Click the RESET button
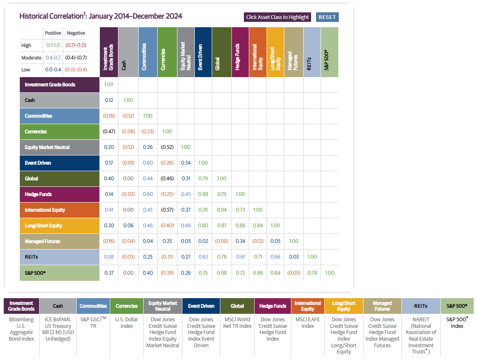(x=327, y=17)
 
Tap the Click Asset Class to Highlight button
(x=277, y=17)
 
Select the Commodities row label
(x=59, y=116)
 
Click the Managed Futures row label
(x=59, y=241)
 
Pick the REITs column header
(x=312, y=52)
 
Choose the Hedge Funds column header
(x=240, y=52)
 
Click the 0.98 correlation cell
(x=222, y=273)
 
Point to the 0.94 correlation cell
(x=222, y=210)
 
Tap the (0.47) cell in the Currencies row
(x=109, y=132)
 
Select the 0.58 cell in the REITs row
(x=109, y=257)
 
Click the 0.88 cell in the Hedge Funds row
(x=203, y=194)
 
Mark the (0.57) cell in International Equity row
(x=167, y=210)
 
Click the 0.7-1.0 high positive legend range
(x=53, y=45)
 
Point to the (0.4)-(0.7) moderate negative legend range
(x=76, y=58)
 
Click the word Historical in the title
(x=37, y=16)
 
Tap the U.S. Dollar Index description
(x=127, y=322)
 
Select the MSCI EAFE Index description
(x=308, y=322)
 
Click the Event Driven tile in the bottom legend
(x=201, y=306)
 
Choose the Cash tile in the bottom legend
(x=58, y=306)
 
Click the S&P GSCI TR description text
(x=93, y=322)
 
